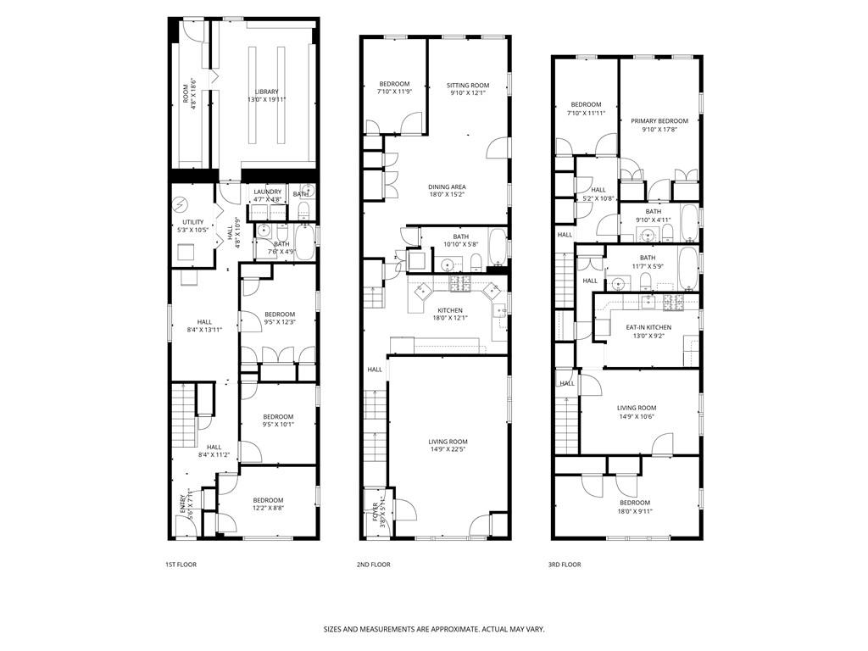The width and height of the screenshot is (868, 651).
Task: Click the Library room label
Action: (266, 96)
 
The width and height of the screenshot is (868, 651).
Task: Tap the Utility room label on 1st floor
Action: (192, 226)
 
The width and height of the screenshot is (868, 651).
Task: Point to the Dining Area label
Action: (447, 191)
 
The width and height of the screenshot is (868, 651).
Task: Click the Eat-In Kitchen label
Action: (648, 331)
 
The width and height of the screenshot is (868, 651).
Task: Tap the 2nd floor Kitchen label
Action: (449, 314)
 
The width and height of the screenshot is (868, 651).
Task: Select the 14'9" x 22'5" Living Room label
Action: (447, 445)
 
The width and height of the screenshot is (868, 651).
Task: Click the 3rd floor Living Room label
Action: (636, 412)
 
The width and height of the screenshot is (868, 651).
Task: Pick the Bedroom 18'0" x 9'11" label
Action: (634, 507)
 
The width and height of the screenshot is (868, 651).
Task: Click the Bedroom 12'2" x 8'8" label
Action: (268, 504)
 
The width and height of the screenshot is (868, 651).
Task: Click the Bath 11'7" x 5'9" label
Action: (647, 262)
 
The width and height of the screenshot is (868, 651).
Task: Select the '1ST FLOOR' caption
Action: (181, 565)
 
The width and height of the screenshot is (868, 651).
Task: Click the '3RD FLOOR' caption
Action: (565, 565)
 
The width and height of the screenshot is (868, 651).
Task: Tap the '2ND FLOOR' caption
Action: (373, 565)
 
